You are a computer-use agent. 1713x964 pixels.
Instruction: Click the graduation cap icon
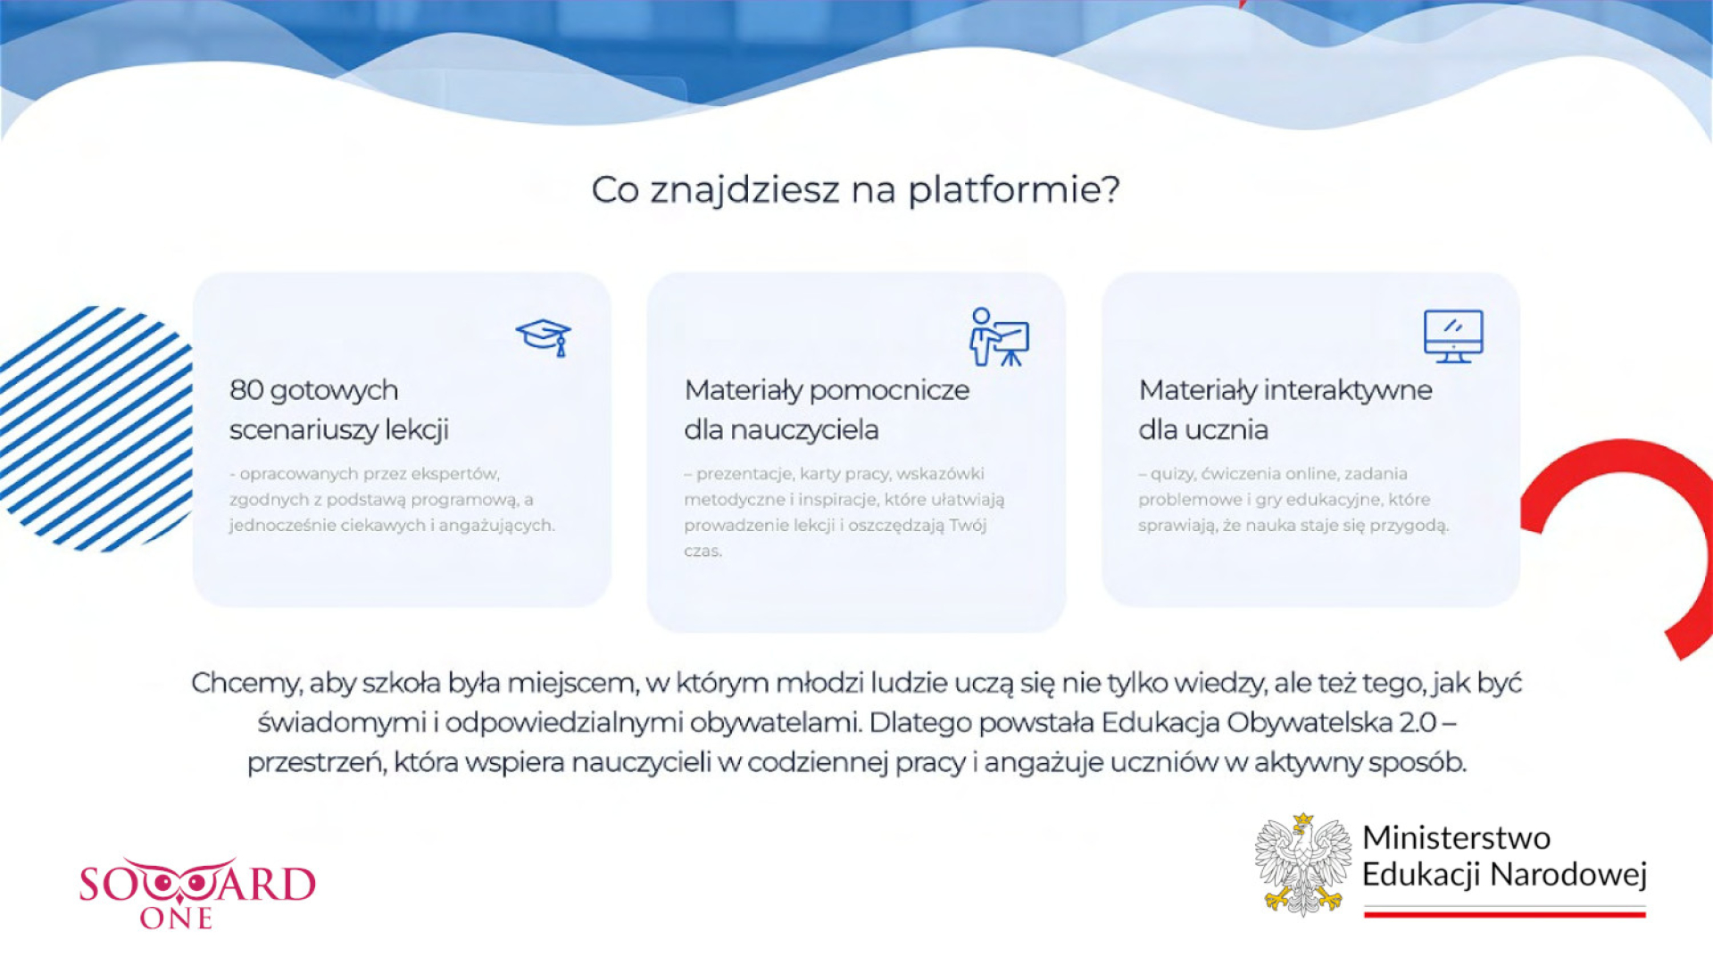[544, 337]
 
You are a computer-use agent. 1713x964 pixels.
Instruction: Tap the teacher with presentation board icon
[999, 337]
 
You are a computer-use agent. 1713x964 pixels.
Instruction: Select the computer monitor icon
[1453, 337]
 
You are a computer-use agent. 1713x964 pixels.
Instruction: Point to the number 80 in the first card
[246, 390]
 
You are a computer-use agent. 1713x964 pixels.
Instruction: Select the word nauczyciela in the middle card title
[804, 430]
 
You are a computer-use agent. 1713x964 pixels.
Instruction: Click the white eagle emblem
[1303, 864]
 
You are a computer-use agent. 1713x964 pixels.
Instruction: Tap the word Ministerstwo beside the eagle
[1456, 837]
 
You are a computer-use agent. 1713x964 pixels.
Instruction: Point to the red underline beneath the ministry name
[1504, 913]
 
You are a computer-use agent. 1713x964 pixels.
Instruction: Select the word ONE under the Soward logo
[176, 918]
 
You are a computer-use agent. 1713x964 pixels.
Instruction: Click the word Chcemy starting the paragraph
[245, 684]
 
